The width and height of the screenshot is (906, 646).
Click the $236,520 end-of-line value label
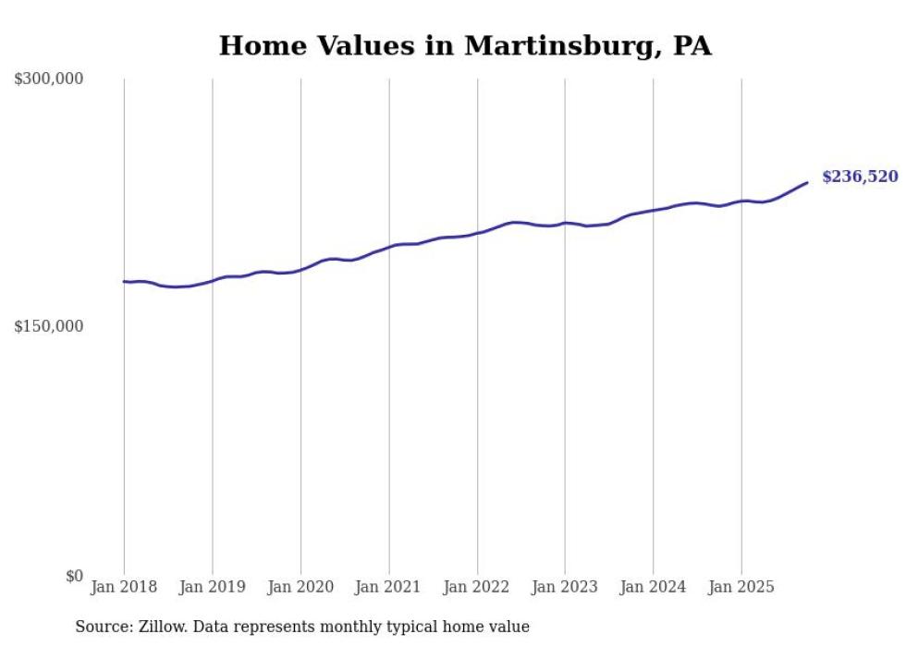[859, 177]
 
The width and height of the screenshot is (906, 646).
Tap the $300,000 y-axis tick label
[48, 79]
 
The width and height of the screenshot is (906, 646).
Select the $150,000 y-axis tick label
[48, 326]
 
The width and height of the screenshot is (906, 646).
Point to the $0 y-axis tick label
[74, 576]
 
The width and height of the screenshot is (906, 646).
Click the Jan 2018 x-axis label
[124, 587]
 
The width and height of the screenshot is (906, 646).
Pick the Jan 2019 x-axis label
[213, 587]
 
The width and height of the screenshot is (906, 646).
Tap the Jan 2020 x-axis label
[300, 587]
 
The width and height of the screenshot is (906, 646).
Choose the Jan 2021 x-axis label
[388, 587]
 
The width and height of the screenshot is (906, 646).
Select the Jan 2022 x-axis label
[477, 587]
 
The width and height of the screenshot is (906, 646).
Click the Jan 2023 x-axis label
[565, 587]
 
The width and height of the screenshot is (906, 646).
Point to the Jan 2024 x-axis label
[653, 587]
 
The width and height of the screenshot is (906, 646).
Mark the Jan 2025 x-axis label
[741, 587]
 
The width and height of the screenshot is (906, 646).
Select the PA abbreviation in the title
[692, 45]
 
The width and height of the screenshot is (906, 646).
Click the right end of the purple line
[807, 182]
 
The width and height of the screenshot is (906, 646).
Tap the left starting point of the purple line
[124, 281]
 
